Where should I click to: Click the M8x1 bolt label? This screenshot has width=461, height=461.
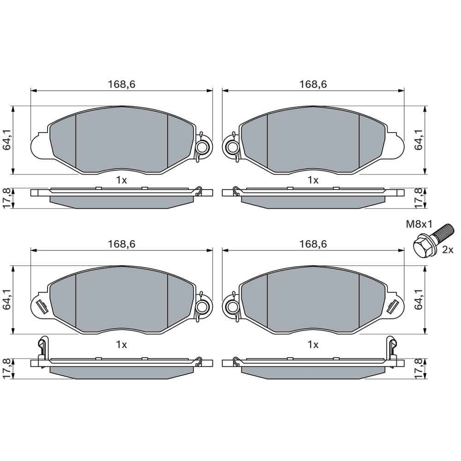(419, 225)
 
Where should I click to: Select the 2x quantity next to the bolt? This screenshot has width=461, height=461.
(448, 250)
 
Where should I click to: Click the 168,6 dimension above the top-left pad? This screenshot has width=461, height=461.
(121, 84)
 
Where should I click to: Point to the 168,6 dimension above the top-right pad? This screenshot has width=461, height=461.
(313, 84)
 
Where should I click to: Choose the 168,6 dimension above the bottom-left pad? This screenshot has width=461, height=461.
(121, 244)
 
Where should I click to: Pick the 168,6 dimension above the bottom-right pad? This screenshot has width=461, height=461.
(313, 244)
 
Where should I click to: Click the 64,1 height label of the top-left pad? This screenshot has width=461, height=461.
(6, 140)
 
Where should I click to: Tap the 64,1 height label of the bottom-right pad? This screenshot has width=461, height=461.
(419, 299)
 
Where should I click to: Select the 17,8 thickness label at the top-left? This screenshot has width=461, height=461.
(6, 198)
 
